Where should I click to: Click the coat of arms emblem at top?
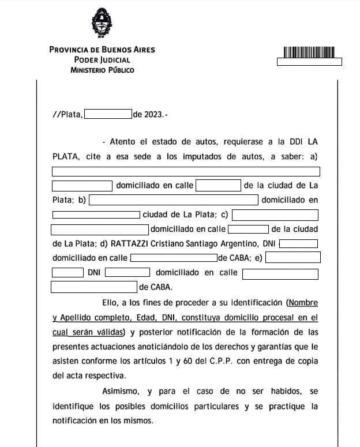pos(102,22)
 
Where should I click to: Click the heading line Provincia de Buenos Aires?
pos(102,50)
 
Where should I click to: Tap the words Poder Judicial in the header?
pos(102,60)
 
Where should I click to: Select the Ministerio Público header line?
pos(102,70)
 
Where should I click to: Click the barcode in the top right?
pos(309,52)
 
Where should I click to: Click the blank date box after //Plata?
pos(108,114)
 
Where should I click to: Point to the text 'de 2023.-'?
pos(150,114)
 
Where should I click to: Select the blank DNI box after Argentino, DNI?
pos(298,243)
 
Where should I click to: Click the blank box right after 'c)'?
pos(275,215)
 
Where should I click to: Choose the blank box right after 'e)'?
pos(292,257)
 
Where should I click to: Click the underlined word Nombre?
pos(303,302)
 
